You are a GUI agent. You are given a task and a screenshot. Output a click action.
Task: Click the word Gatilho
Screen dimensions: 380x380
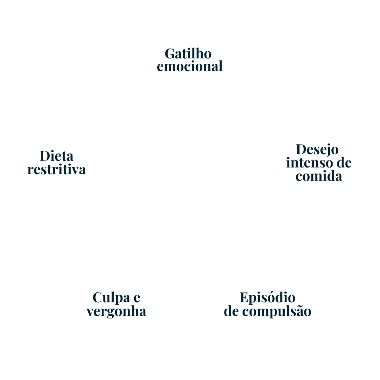[188, 54]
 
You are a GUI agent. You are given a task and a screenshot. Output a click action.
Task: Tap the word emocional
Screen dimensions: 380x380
[190, 66]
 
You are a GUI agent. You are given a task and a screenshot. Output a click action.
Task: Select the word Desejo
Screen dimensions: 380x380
[317, 149]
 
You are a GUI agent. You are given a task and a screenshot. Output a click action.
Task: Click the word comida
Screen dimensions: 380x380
[319, 176]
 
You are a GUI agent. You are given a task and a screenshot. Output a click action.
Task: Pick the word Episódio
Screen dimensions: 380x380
[267, 298]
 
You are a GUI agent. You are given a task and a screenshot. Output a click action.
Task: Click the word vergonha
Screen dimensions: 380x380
[116, 311]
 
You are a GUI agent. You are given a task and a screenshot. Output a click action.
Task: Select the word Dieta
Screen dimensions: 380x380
[57, 156]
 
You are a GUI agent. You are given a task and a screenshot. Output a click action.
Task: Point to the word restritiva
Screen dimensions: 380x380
[57, 169]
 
